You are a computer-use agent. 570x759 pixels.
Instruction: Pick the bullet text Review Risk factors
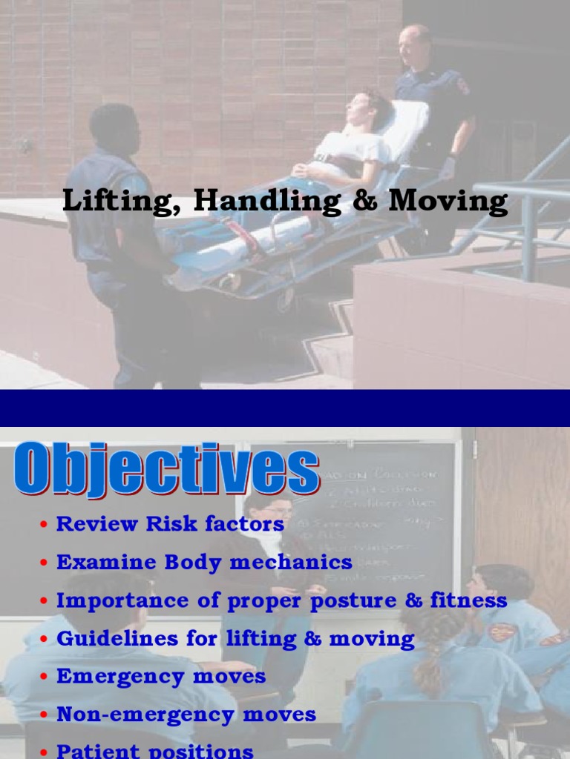pyautogui.click(x=170, y=524)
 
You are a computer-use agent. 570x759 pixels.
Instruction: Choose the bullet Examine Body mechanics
pyautogui.click(x=204, y=562)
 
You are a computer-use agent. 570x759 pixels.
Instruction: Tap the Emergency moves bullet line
pyautogui.click(x=161, y=676)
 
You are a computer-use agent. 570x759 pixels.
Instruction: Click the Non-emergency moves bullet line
pyautogui.click(x=186, y=715)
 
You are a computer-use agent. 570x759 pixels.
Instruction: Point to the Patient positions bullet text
pyautogui.click(x=155, y=750)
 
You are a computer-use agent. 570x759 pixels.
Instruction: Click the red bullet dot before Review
pyautogui.click(x=45, y=526)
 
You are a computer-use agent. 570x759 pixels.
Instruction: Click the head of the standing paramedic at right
pyautogui.click(x=412, y=46)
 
